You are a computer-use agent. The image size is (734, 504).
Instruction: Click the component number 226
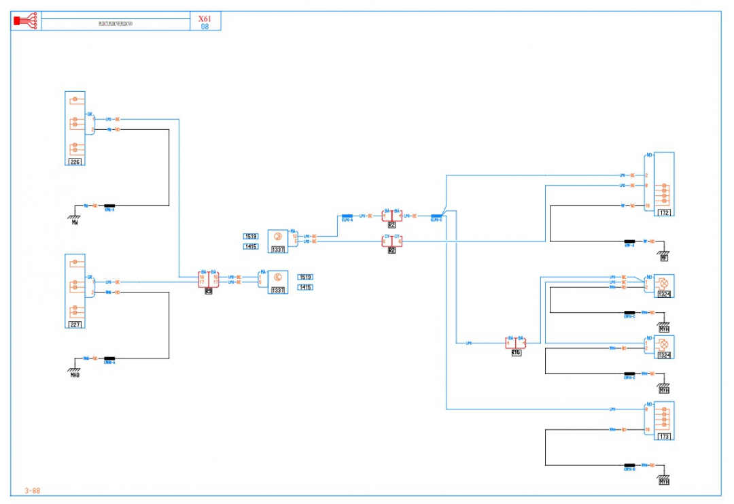click(75, 161)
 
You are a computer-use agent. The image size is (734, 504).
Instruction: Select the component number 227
click(75, 324)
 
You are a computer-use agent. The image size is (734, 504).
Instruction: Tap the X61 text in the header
click(205, 19)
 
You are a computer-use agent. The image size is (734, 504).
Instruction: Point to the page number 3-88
click(32, 490)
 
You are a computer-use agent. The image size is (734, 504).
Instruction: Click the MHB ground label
click(75, 375)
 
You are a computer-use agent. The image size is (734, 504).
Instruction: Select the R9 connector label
click(209, 291)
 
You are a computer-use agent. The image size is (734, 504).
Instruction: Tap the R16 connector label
click(516, 353)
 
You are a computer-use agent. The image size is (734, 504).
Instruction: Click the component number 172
click(664, 213)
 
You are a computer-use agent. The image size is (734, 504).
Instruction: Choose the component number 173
click(664, 437)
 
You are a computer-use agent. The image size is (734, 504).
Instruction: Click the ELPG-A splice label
click(347, 220)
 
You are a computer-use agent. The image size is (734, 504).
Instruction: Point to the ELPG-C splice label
click(436, 220)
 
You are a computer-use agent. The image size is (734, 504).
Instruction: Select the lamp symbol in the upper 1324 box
click(663, 282)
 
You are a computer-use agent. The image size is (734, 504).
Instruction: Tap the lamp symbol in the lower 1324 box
click(663, 343)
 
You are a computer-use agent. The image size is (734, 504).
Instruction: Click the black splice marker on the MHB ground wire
click(109, 358)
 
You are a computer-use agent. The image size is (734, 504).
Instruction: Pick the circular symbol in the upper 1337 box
click(277, 236)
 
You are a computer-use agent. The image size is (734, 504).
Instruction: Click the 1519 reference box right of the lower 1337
click(305, 278)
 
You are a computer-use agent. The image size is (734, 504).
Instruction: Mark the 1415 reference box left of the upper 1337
click(250, 246)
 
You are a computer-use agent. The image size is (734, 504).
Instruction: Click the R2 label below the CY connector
click(391, 250)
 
